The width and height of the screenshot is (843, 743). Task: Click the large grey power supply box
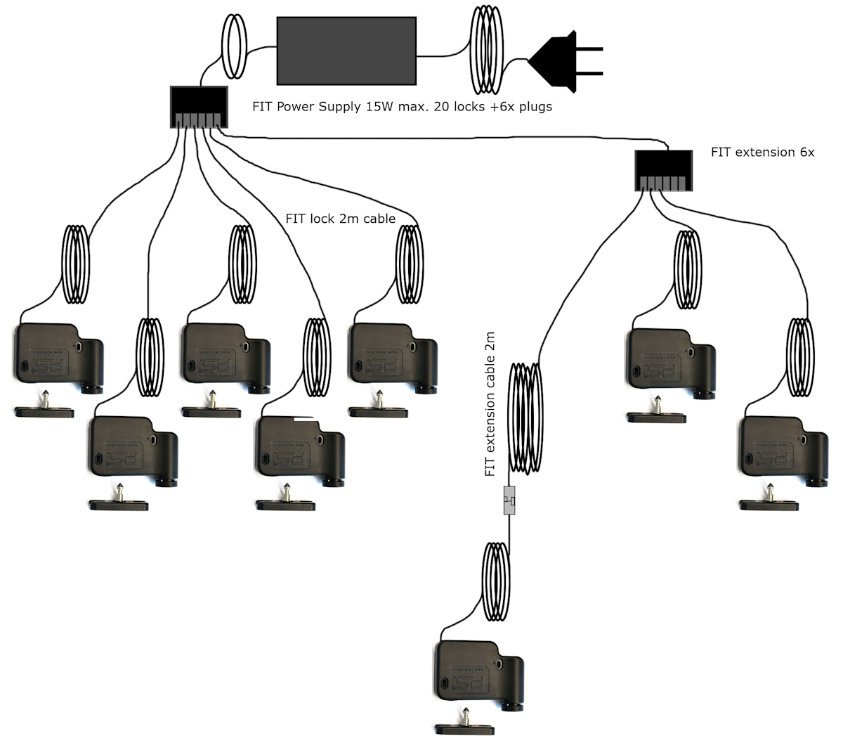(346, 49)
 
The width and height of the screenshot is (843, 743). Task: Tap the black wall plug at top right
(562, 62)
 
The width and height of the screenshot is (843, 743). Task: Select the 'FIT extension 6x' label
(762, 152)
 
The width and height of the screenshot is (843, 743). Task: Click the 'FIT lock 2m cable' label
(340, 219)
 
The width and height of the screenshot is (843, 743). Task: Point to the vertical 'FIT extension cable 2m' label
(490, 406)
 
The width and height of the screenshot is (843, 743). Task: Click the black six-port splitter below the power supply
(199, 107)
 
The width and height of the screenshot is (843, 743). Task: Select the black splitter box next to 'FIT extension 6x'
(664, 170)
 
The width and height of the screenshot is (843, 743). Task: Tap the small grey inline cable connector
(509, 500)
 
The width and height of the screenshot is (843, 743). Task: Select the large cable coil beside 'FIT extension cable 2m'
(525, 418)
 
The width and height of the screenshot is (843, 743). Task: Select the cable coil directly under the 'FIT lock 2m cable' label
(410, 264)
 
